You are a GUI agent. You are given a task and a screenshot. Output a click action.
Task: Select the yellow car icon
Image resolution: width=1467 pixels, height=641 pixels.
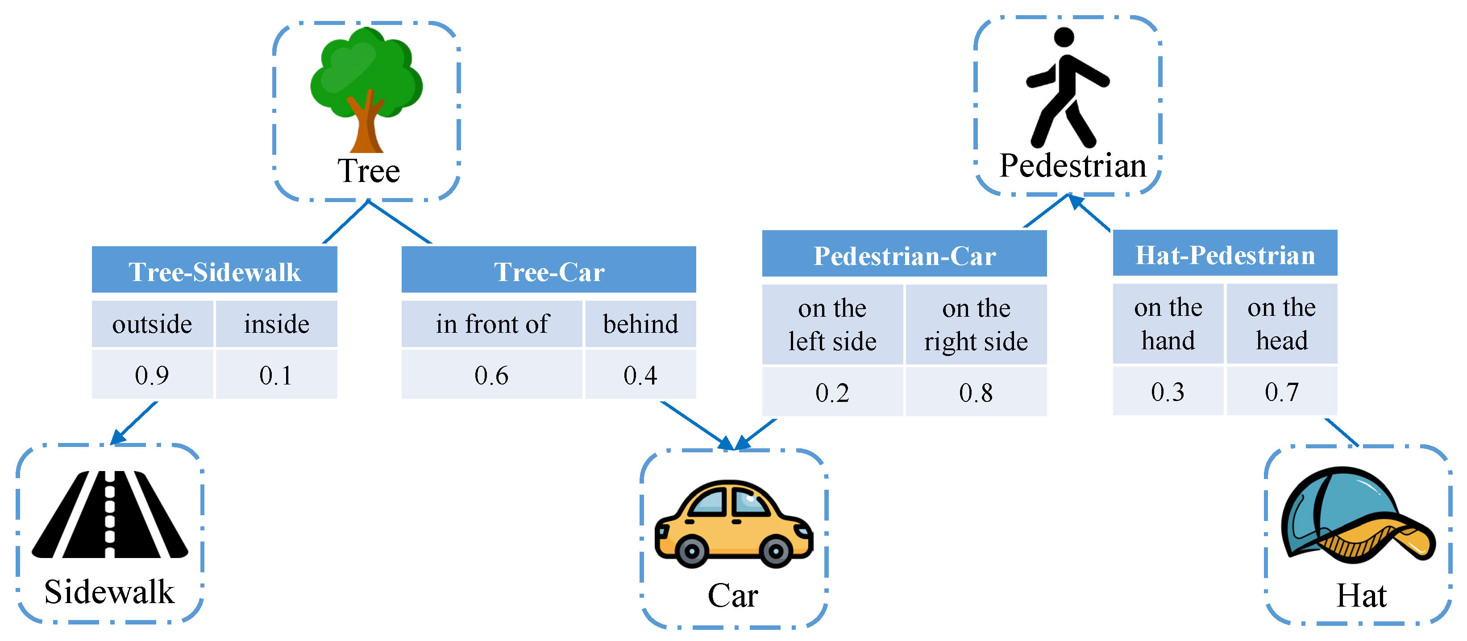click(x=734, y=524)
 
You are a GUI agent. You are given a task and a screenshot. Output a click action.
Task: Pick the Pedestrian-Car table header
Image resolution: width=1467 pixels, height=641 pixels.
click(x=904, y=255)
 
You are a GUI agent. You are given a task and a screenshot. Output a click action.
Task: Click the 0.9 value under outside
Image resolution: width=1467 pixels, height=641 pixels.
click(x=152, y=375)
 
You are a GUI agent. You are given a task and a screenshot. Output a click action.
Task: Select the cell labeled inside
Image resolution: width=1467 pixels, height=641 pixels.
click(x=277, y=324)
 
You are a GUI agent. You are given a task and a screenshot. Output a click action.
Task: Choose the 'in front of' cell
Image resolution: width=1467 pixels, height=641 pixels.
click(x=491, y=324)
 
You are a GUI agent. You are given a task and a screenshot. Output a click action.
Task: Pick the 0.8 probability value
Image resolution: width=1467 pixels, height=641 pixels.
click(x=976, y=392)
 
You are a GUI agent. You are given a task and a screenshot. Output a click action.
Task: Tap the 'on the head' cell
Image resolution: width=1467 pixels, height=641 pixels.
click(x=1282, y=323)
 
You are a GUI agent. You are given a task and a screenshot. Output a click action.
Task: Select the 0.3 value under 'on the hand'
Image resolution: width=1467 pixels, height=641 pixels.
click(x=1168, y=392)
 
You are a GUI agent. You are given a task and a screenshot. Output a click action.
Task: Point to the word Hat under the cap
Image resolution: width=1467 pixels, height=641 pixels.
click(x=1361, y=596)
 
